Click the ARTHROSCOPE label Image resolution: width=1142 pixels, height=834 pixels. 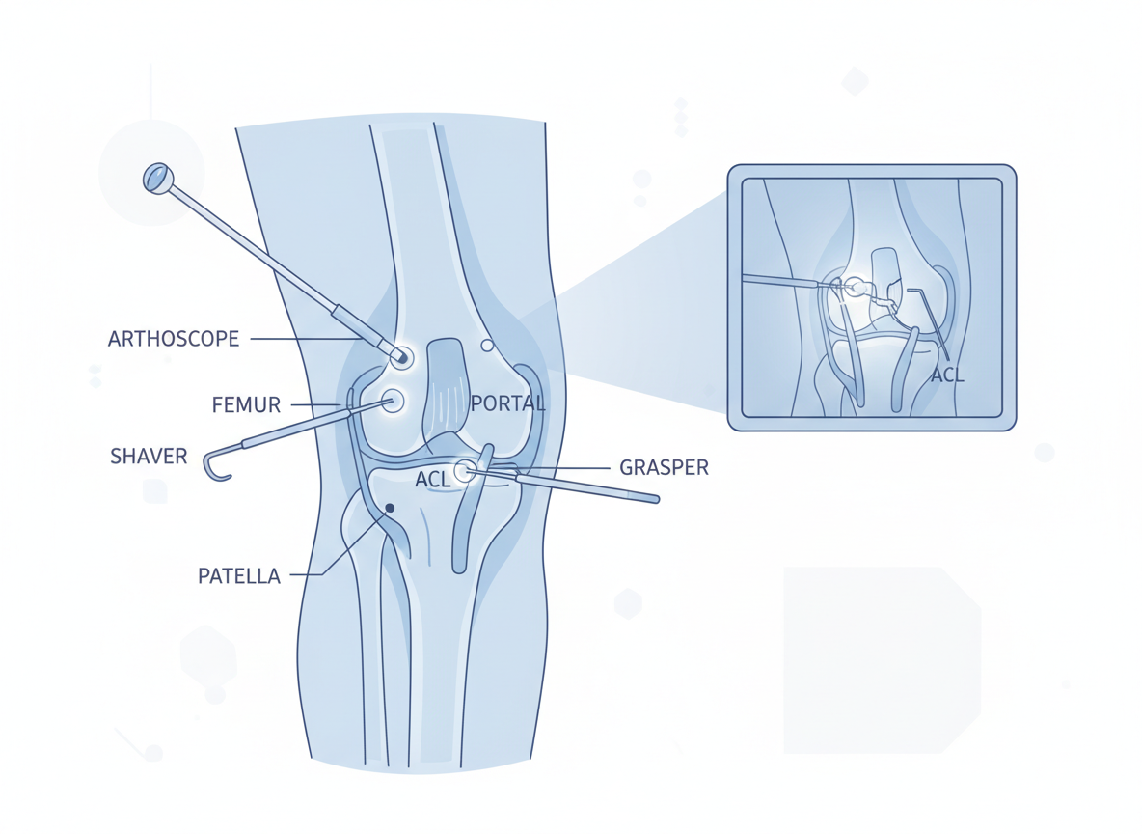(174, 339)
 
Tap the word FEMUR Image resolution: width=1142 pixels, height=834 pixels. (246, 405)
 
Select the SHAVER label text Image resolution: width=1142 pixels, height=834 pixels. (149, 456)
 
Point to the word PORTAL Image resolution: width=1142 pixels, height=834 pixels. (507, 403)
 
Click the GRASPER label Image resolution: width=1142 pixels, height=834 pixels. (664, 468)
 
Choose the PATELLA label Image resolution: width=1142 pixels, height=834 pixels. (239, 576)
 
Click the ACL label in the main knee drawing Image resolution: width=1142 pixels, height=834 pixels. (432, 479)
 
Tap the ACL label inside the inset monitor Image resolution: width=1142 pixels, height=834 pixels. (947, 375)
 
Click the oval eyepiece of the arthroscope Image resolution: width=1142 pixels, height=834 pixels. (156, 178)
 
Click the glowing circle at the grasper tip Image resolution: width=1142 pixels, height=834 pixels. (464, 471)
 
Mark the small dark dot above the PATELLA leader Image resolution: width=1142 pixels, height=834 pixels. (390, 508)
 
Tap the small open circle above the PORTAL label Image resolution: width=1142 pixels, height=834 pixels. (487, 345)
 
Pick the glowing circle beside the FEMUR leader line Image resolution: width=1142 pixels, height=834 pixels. (393, 401)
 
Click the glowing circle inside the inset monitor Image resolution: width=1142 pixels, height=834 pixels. (855, 287)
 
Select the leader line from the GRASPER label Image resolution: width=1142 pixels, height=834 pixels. (569, 468)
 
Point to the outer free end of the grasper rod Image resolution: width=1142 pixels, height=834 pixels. (656, 499)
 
